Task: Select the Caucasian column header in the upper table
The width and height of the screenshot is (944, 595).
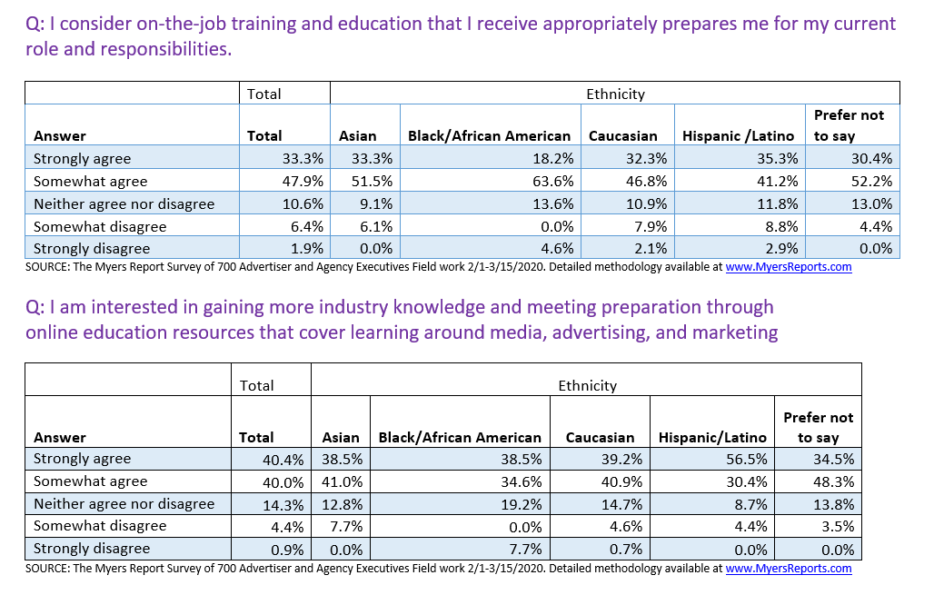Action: [x=622, y=136]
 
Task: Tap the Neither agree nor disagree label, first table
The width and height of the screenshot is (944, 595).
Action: [x=124, y=203]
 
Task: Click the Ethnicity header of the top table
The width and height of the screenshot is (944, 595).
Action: [x=615, y=94]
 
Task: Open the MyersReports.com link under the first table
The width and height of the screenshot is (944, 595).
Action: [x=789, y=267]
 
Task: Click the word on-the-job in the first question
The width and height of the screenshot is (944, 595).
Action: [x=150, y=24]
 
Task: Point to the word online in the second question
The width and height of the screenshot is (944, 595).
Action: [x=57, y=332]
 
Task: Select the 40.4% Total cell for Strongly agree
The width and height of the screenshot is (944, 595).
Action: [x=282, y=460]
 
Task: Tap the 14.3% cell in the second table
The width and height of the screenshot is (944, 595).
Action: [x=282, y=504]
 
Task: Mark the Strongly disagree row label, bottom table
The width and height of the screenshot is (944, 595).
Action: [x=92, y=549]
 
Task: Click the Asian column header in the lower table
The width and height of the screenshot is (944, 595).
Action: [x=341, y=438]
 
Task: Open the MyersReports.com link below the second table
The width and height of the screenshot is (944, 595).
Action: [x=789, y=569]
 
